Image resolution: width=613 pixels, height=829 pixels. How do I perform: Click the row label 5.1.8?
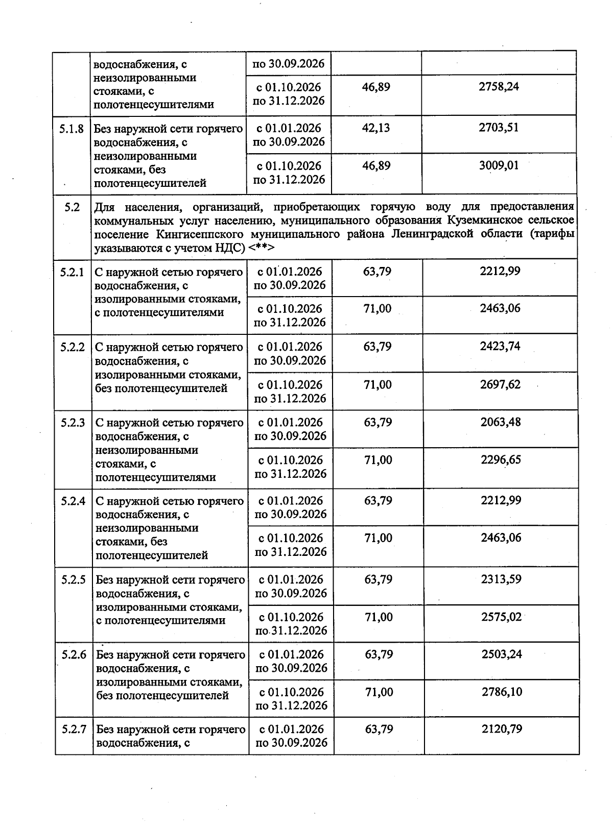coord(72,128)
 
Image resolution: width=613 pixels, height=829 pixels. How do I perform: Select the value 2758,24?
coord(499,87)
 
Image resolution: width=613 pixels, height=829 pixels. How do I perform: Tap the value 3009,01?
coord(499,166)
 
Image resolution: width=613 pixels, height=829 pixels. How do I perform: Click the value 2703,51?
coord(499,128)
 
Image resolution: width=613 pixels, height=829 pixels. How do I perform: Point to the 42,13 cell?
coord(376,128)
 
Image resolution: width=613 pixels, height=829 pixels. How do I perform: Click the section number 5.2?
coord(72,207)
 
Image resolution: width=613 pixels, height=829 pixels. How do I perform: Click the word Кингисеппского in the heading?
coord(206,234)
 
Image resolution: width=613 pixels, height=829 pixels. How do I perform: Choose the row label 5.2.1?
coord(72,272)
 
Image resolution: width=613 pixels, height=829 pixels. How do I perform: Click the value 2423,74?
coord(500,347)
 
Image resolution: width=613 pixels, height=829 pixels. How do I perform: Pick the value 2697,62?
coord(500,384)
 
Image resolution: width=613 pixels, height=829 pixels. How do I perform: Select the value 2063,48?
coord(501,422)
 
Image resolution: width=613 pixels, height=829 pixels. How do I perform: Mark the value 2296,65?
coord(501,460)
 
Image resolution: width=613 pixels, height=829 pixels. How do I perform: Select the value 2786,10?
coord(502,692)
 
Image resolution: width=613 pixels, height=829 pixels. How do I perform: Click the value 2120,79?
coord(502,729)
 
